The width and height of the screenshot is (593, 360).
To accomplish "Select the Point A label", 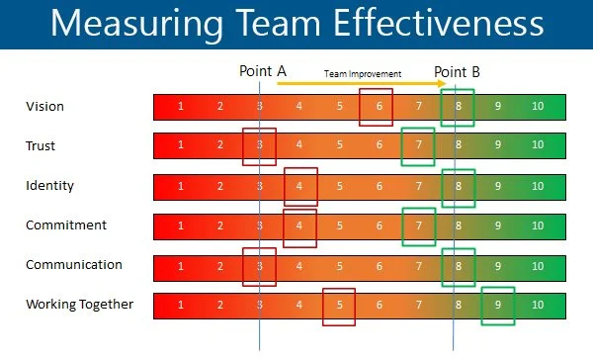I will [263, 72].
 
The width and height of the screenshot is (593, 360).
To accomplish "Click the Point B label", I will [459, 72].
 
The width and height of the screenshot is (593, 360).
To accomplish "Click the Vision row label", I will [43, 106].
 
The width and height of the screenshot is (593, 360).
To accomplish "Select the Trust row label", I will [41, 146].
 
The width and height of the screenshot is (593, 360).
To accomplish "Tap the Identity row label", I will [49, 185].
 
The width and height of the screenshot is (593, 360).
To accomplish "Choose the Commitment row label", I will [65, 225].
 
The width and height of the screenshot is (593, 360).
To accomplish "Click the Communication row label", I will [74, 265].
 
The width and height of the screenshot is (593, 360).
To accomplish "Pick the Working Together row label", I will [79, 305].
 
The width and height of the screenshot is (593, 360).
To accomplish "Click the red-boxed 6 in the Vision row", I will [376, 106].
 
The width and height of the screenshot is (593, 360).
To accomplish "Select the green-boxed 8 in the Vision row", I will [458, 106].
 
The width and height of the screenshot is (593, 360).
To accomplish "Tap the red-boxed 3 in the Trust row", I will [259, 146].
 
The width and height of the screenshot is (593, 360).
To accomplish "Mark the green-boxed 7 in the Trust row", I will [418, 146].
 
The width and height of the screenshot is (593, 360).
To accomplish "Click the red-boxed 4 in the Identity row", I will [299, 186].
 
